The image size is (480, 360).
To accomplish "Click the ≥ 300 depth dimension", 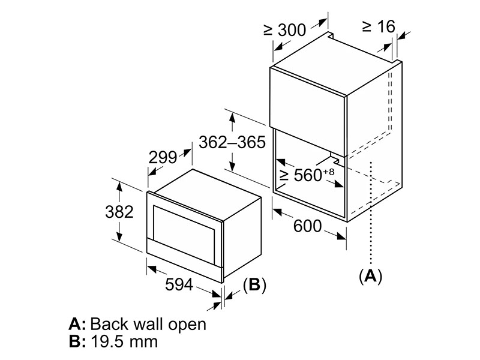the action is (284, 29).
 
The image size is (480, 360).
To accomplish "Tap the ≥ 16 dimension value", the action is (379, 26).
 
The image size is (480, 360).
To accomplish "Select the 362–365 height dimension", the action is (232, 142).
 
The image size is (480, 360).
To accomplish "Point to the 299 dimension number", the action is (163, 158).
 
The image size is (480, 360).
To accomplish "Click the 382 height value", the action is (119, 212).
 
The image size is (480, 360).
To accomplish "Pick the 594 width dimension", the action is (179, 284).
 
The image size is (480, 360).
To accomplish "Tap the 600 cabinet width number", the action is (308, 226).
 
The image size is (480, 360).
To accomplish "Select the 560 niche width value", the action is (308, 175).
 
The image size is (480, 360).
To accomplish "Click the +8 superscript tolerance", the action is (329, 171).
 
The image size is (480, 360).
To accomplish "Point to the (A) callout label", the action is (371, 277).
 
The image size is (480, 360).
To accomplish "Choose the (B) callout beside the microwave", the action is (254, 284).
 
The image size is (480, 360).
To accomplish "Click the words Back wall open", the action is (148, 324).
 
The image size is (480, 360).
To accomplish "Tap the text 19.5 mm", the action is (124, 341).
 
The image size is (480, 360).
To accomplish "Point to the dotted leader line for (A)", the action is (371, 212).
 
